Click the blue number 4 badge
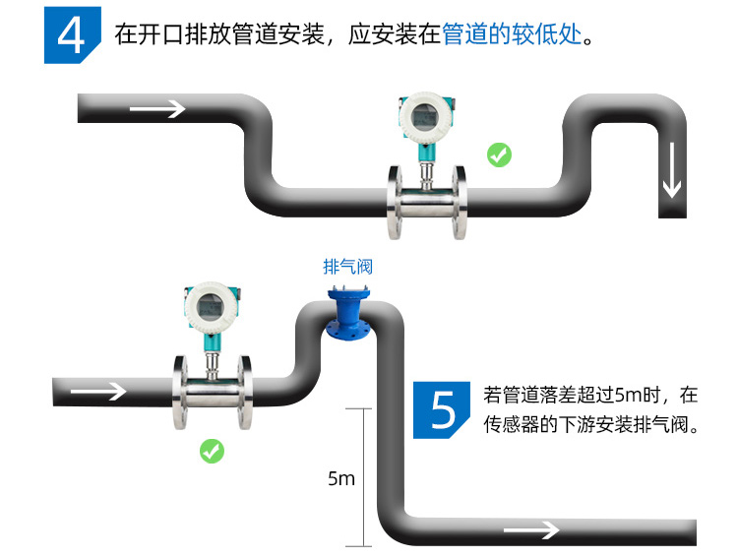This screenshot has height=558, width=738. [72, 36]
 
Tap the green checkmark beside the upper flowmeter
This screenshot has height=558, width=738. [499, 155]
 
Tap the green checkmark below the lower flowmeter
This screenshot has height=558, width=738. [212, 451]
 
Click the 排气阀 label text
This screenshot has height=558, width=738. [348, 267]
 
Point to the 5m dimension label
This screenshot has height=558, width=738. [340, 479]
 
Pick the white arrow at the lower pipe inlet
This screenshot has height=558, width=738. [99, 391]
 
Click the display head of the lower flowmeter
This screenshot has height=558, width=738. [211, 308]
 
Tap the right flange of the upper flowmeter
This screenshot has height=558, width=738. [459, 202]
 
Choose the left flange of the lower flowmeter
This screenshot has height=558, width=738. [180, 390]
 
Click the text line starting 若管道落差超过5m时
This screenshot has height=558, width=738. [590, 396]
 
